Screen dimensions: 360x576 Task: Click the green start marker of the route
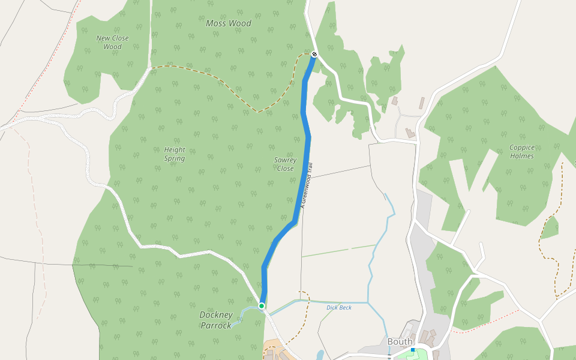[262, 306]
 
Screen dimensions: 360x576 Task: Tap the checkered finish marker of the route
[314, 55]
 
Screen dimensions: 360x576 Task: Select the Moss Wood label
[228, 23]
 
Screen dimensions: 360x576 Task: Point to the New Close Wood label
[112, 42]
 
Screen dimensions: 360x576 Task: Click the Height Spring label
[175, 154]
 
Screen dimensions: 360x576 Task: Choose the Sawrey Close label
[285, 164]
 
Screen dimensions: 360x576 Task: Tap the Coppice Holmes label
[521, 151]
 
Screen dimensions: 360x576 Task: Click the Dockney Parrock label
[216, 320]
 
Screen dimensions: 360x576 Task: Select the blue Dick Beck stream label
[339, 308]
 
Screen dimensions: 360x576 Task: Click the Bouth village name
[400, 341]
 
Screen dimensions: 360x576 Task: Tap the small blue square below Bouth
[413, 349]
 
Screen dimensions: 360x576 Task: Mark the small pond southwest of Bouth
[320, 355]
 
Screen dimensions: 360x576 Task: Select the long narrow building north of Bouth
[422, 103]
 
